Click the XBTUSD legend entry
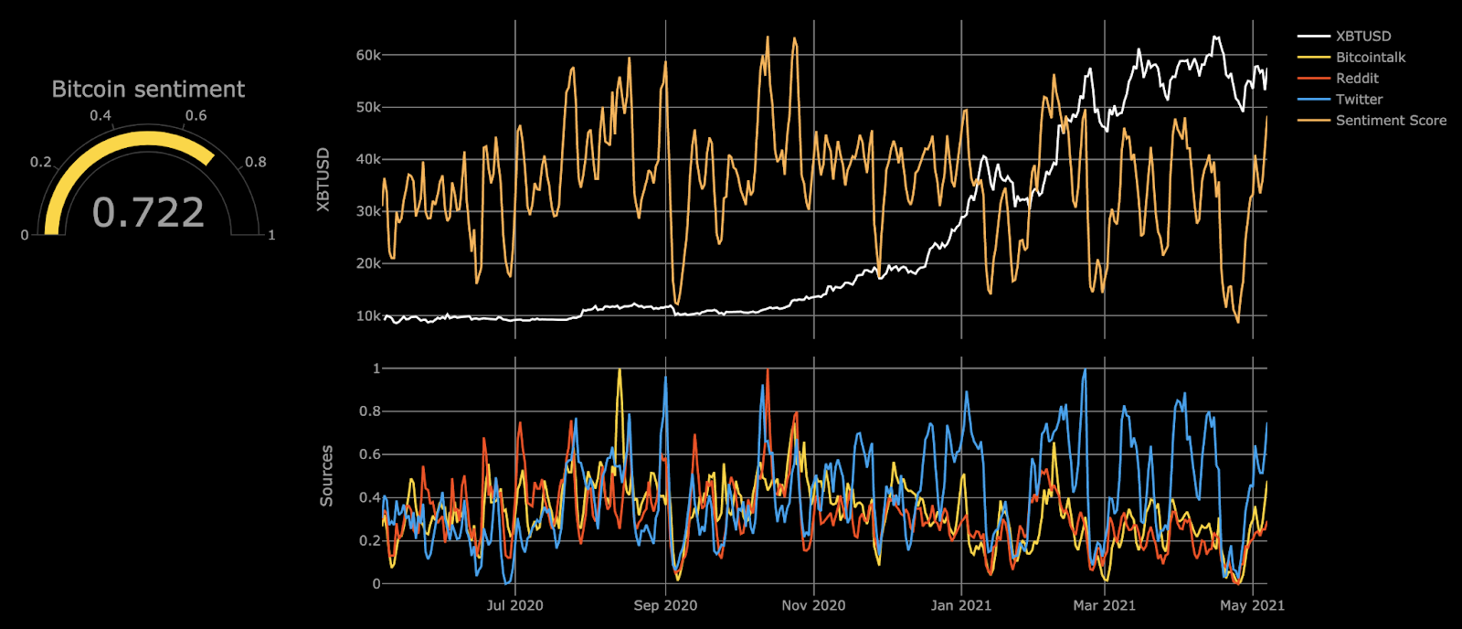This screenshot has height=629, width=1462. (1362, 37)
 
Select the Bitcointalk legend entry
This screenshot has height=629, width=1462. (1370, 58)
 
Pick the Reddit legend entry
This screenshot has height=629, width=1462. (1357, 79)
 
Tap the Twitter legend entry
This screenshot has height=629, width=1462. (1359, 100)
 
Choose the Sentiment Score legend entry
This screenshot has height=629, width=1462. (1391, 121)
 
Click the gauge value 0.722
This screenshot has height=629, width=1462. (148, 212)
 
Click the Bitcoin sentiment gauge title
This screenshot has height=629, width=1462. (148, 90)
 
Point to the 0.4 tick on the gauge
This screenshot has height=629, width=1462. (101, 116)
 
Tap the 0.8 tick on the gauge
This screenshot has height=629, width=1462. (256, 163)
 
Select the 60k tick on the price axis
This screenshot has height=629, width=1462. (368, 56)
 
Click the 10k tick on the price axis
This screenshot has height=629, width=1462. (368, 316)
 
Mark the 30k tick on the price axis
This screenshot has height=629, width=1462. (368, 212)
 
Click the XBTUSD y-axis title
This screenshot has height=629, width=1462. (323, 180)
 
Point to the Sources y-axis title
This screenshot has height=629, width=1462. (326, 476)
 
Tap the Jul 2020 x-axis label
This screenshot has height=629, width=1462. (514, 605)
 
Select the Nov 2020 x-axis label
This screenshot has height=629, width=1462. (813, 605)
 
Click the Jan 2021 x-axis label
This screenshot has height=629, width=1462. (960, 605)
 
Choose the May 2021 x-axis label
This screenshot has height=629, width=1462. (1252, 605)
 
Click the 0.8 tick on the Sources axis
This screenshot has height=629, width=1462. (370, 411)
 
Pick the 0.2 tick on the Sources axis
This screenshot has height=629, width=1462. (370, 541)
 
